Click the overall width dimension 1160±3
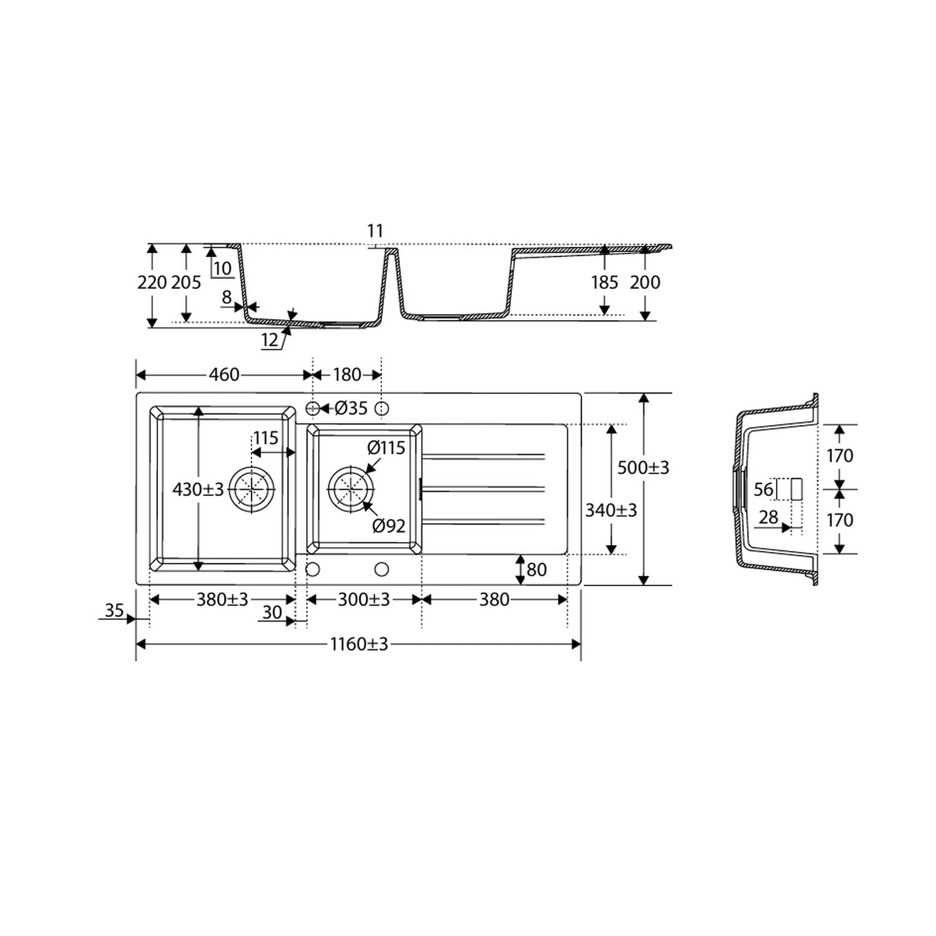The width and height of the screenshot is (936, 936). (359, 644)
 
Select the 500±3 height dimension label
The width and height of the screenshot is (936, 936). (643, 467)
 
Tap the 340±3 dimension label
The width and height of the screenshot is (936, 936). (611, 510)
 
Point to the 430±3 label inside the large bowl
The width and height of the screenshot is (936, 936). (198, 490)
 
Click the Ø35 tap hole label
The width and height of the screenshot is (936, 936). (351, 408)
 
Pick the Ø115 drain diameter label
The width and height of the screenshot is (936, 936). (386, 447)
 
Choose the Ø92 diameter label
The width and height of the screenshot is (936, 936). (389, 526)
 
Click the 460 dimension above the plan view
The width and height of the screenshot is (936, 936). (224, 374)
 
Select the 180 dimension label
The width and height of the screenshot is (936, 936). (347, 374)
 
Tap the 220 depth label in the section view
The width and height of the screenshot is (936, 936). (152, 283)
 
